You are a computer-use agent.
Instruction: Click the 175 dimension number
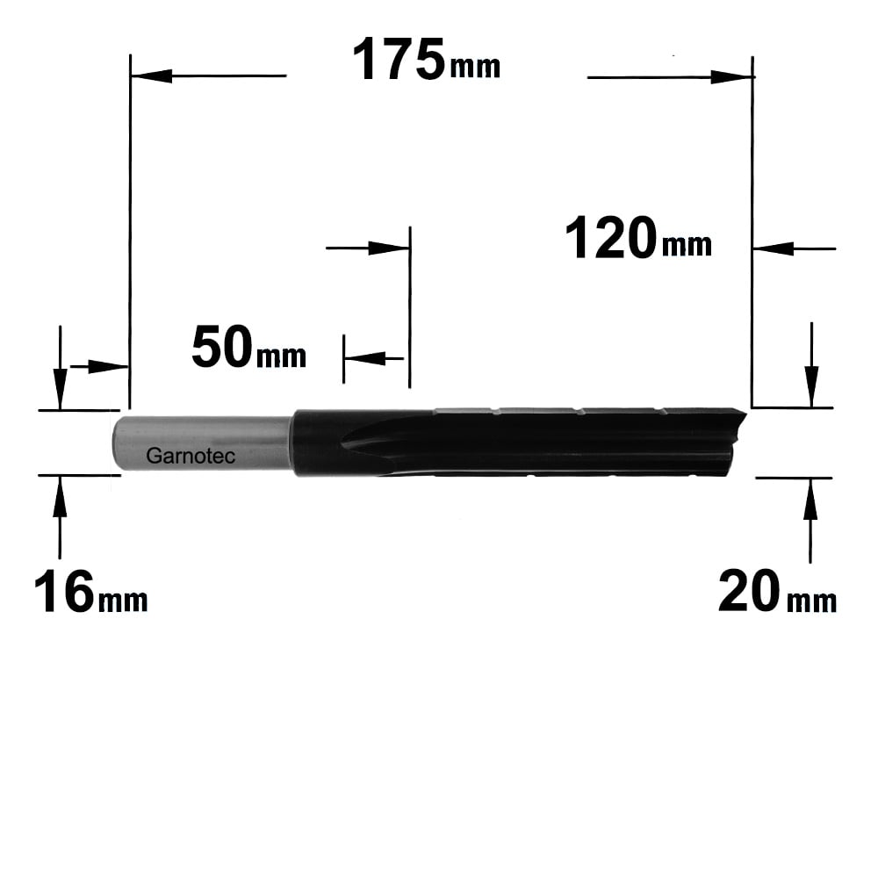pyautogui.click(x=399, y=60)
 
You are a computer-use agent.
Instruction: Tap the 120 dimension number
pyautogui.click(x=611, y=239)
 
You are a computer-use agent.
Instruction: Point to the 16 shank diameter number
pyautogui.click(x=64, y=591)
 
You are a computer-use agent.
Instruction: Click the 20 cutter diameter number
pyautogui.click(x=749, y=591)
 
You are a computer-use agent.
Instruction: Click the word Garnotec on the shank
pyautogui.click(x=191, y=456)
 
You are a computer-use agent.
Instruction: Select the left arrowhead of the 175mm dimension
pyautogui.click(x=151, y=76)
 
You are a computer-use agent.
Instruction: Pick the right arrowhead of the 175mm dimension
pyautogui.click(x=730, y=76)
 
